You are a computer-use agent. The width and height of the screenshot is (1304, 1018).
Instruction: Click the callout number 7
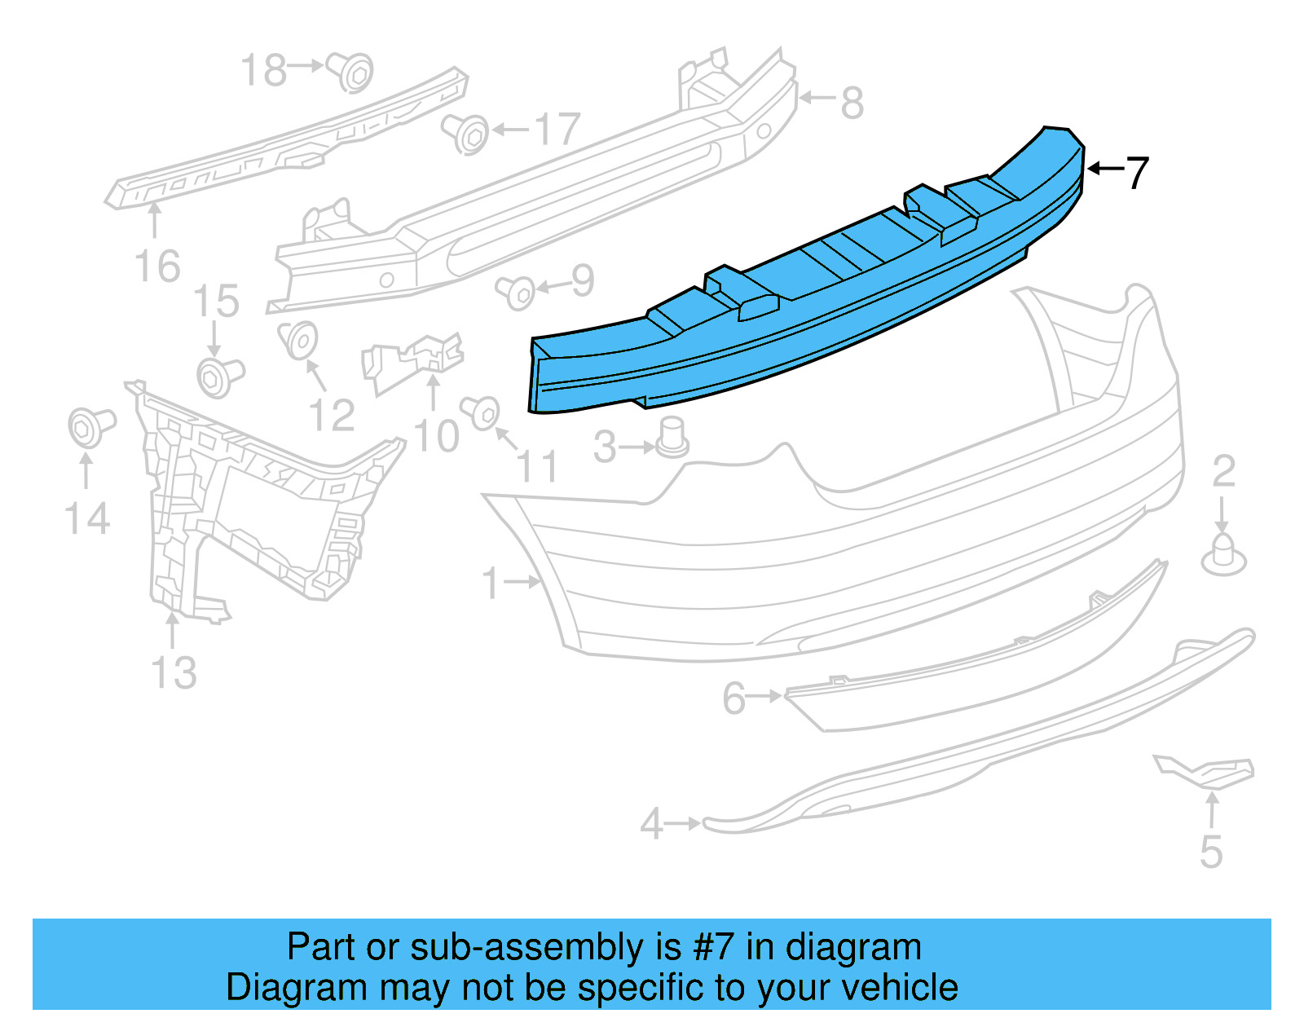[1136, 172]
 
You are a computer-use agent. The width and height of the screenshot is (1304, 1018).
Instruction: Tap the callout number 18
[264, 70]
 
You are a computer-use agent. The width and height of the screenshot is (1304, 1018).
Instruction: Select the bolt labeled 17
[467, 133]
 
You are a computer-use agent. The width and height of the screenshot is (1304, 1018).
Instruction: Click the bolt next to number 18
[351, 72]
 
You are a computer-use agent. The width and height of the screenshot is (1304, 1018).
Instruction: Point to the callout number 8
[852, 103]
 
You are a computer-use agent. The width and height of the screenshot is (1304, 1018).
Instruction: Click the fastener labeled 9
[518, 292]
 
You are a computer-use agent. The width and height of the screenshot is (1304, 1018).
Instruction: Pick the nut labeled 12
[298, 340]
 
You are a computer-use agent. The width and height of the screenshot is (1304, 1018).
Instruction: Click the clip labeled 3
[672, 438]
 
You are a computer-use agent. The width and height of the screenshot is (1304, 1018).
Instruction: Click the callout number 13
[174, 672]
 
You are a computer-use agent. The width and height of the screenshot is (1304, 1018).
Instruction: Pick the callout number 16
[156, 266]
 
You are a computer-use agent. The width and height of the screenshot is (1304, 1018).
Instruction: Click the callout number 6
[733, 698]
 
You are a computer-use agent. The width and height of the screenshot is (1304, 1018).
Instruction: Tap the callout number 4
[651, 823]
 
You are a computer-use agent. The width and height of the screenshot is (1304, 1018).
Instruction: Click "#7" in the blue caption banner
[713, 947]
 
